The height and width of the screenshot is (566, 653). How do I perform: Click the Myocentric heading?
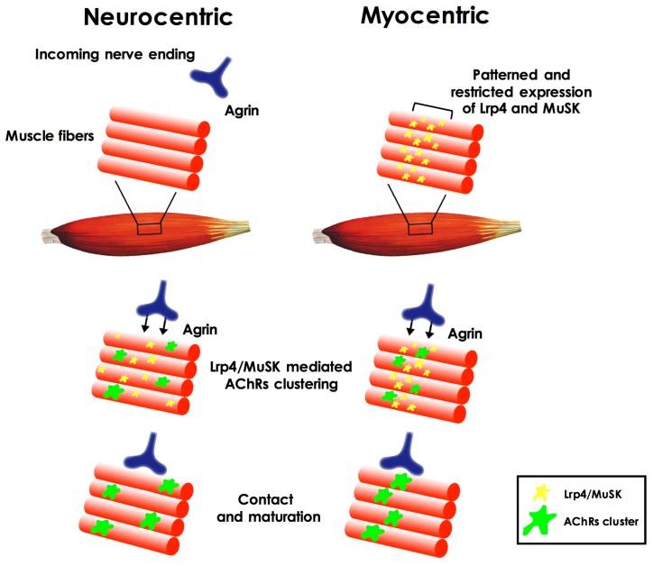coord(425,17)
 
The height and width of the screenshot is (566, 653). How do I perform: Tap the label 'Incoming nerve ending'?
coord(111,54)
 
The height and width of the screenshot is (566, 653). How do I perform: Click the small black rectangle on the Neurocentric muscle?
coord(149,230)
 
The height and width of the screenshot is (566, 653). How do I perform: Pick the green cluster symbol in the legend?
coord(539,521)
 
